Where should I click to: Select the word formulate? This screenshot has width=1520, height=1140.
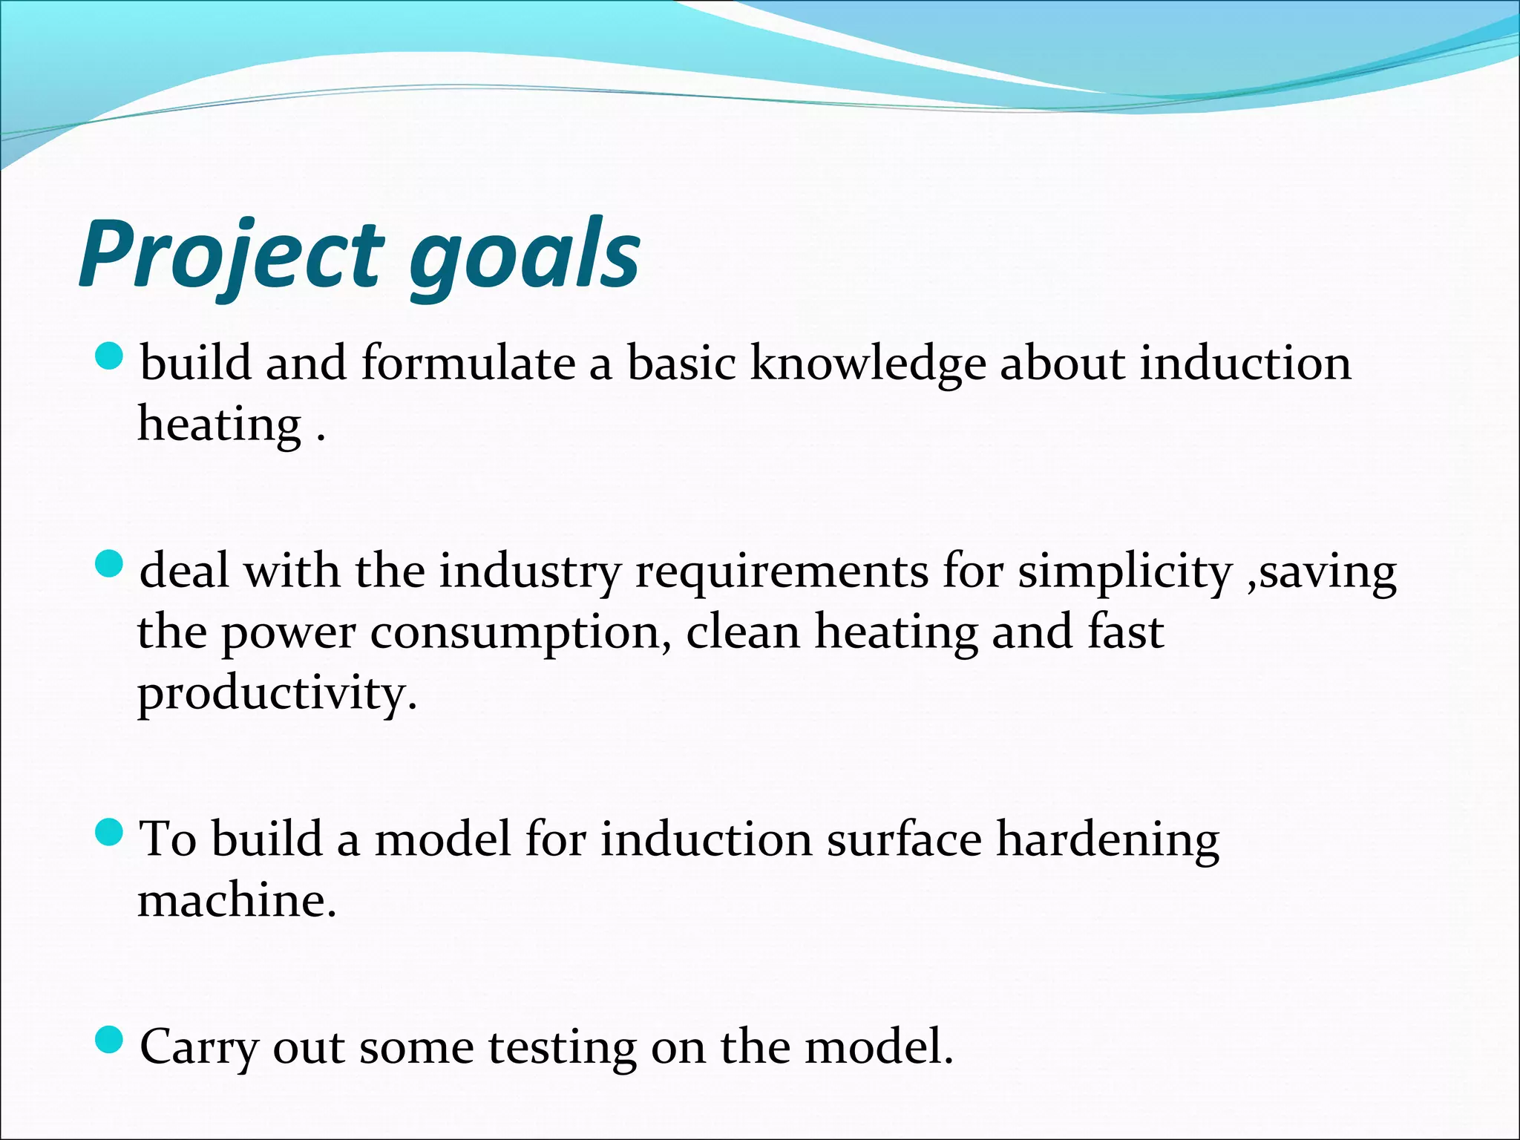pos(468,364)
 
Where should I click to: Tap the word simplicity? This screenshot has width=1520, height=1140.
pos(1124,573)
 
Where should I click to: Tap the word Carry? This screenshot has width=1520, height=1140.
pos(199,1048)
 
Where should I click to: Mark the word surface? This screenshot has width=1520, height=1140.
pos(903,840)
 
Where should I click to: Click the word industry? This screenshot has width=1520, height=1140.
pos(529,573)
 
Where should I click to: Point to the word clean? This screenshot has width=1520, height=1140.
pos(743,632)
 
